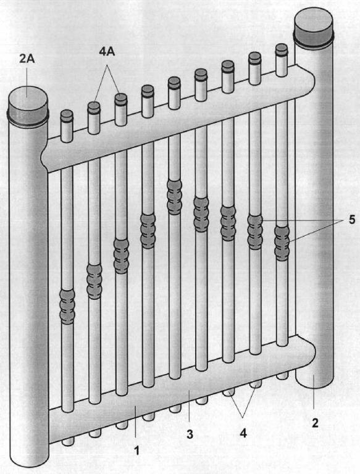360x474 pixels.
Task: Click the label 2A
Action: tap(27, 59)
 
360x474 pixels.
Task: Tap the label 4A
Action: tap(107, 51)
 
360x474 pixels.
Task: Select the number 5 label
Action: tap(351, 220)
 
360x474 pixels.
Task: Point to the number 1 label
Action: tap(136, 451)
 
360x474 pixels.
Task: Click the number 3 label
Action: tap(190, 434)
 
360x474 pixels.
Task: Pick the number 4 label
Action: tap(243, 433)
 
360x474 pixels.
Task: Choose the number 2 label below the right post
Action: tap(315, 423)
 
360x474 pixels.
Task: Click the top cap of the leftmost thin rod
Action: tap(67, 116)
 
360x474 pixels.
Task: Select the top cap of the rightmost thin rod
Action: tap(282, 49)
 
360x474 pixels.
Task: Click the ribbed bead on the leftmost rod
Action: tap(67, 307)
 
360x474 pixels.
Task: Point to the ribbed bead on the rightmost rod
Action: tap(282, 243)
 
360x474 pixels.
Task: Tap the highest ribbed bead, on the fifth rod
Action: tap(175, 197)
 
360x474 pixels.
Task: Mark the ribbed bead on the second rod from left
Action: tap(94, 281)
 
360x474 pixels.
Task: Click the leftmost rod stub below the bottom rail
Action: tap(68, 442)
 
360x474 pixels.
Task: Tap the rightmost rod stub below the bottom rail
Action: tap(283, 376)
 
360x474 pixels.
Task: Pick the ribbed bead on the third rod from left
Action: tap(121, 256)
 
